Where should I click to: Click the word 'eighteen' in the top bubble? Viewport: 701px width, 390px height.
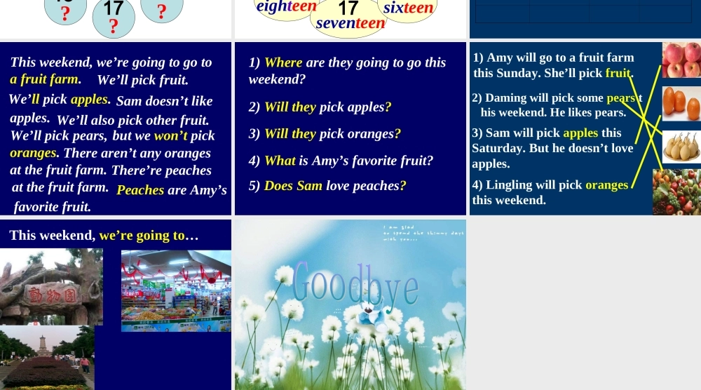point(286,7)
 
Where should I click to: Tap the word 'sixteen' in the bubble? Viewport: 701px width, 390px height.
point(409,8)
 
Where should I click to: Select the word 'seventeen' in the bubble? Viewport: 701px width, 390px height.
point(350,23)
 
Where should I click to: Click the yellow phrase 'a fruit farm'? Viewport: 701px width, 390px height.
point(44,79)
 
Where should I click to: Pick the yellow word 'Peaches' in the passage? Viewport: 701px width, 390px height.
point(140,190)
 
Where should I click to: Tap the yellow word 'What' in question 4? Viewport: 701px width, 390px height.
point(280,161)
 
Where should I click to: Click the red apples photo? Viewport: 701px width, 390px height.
point(681,60)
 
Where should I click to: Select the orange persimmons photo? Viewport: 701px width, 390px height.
point(681,103)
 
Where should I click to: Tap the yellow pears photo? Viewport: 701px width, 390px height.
point(680,147)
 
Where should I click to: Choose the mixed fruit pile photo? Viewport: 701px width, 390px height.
point(676,191)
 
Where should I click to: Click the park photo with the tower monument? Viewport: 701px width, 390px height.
point(47,357)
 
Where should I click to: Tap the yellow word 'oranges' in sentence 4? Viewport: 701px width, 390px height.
point(606,185)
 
